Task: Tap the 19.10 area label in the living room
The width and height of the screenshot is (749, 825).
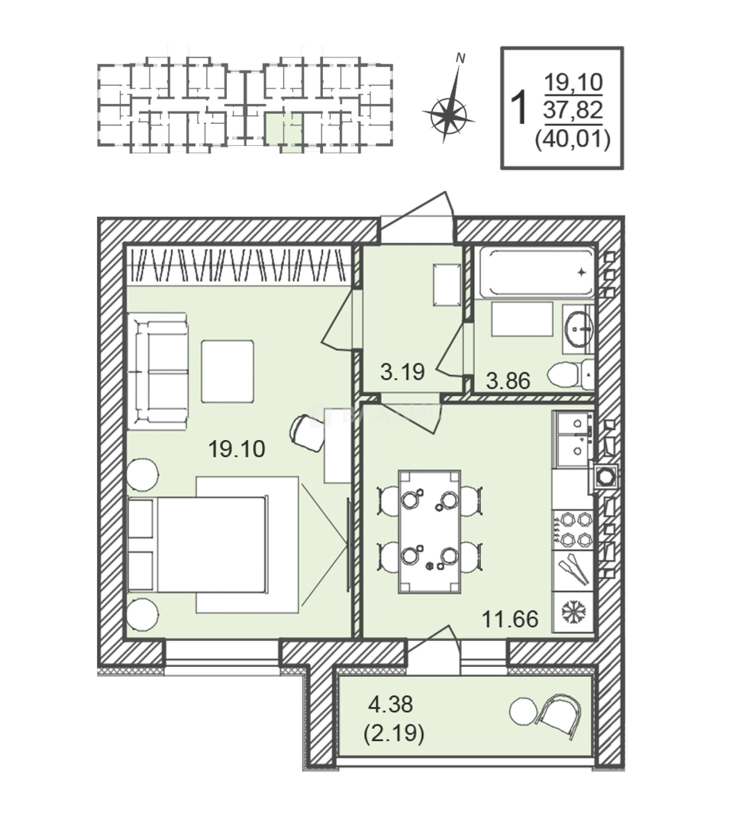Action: pyautogui.click(x=237, y=449)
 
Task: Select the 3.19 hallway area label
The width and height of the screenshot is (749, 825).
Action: pyautogui.click(x=402, y=373)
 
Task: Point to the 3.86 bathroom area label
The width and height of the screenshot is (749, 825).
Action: pyautogui.click(x=508, y=380)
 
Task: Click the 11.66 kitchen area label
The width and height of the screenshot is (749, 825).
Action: pyautogui.click(x=510, y=620)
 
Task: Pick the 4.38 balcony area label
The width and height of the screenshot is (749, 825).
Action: pyautogui.click(x=390, y=704)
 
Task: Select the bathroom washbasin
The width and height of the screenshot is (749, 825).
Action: pyautogui.click(x=579, y=328)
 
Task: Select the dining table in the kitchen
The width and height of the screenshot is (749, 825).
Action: pyautogui.click(x=429, y=532)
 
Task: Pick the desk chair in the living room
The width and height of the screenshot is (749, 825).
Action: pyautogui.click(x=307, y=432)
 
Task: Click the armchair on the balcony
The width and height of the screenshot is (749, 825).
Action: pyautogui.click(x=559, y=717)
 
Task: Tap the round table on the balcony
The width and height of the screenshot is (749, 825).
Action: pyautogui.click(x=523, y=711)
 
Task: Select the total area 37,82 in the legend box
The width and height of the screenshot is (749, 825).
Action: pyautogui.click(x=573, y=111)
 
